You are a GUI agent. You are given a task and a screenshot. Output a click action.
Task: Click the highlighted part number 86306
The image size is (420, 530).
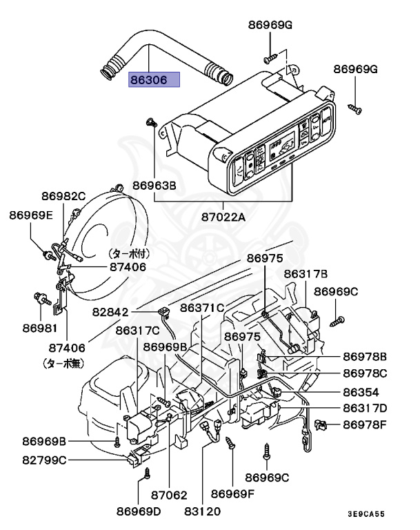[x=153, y=80]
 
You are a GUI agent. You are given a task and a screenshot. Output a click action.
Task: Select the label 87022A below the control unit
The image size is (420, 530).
[x=223, y=217]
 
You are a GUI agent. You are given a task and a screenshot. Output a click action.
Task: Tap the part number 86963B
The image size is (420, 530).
[x=154, y=186]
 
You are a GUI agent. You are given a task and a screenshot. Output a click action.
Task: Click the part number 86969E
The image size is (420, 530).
[x=31, y=215]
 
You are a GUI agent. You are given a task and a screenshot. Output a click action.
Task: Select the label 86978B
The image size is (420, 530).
[x=365, y=357]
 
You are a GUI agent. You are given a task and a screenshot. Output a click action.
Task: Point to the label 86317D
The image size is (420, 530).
[x=365, y=408]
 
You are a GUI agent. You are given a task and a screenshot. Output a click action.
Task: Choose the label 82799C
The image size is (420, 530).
[x=43, y=460]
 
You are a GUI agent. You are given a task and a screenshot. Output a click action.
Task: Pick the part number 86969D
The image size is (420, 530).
[x=138, y=511]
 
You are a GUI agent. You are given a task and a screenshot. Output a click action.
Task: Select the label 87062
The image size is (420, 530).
[x=169, y=494]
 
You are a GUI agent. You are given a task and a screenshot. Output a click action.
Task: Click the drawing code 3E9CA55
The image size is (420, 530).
[x=366, y=513]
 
